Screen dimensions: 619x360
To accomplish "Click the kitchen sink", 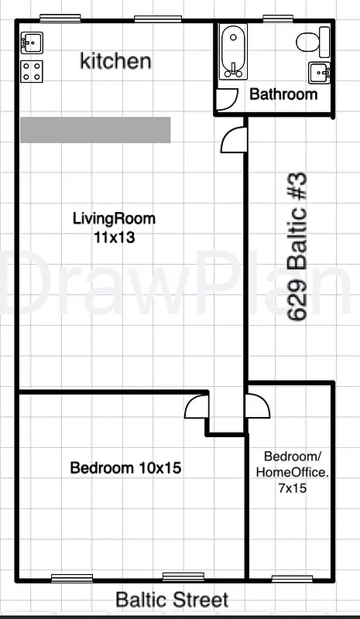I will point(32,42).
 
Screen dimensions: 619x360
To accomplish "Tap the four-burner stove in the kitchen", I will point(32,71).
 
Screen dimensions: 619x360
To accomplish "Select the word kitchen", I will point(115,61).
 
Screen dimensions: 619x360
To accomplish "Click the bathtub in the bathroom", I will point(231,52).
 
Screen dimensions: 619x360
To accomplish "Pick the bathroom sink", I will point(319,72).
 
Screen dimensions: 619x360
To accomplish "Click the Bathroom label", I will point(283,94).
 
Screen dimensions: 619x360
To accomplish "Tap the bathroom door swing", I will point(227,98).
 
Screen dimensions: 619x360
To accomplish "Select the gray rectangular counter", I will point(95,130).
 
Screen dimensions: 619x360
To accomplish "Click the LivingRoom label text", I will point(114,219).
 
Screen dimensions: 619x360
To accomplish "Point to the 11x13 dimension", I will point(114,238).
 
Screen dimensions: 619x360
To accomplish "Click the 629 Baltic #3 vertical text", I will point(297,247).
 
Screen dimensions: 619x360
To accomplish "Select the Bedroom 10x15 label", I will point(126,468).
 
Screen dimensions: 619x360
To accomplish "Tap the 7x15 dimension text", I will point(291,488).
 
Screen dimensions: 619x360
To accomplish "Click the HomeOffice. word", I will point(291,471).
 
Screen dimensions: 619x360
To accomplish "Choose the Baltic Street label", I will point(172,600).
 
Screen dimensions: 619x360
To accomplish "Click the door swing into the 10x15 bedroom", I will point(197,407).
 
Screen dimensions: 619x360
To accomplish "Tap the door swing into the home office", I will point(256,407).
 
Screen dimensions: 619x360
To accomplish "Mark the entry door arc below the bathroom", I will point(233,140).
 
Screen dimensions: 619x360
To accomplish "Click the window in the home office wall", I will point(293,579).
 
